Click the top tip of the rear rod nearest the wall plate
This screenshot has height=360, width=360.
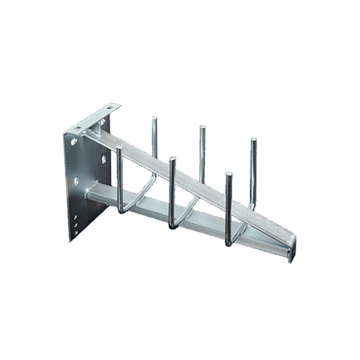click(x=154, y=118)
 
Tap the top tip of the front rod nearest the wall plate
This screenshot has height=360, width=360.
click(x=119, y=148)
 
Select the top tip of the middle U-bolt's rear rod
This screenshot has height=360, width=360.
click(x=202, y=128)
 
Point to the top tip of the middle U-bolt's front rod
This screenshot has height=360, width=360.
click(x=173, y=159)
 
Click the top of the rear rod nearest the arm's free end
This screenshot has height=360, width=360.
click(x=253, y=140)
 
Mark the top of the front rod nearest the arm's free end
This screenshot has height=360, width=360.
click(x=229, y=175)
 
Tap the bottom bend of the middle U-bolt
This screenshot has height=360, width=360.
click(x=174, y=227)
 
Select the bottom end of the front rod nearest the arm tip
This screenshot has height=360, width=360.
click(x=228, y=244)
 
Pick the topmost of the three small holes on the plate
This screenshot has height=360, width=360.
click(x=76, y=217)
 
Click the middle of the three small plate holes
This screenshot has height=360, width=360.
click(x=76, y=225)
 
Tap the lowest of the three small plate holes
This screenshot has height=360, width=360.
click(x=76, y=232)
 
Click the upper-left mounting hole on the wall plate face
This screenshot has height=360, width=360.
click(x=74, y=142)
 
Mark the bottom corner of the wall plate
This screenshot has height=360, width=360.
click(x=70, y=241)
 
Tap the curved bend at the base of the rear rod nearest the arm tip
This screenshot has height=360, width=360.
click(x=250, y=206)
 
